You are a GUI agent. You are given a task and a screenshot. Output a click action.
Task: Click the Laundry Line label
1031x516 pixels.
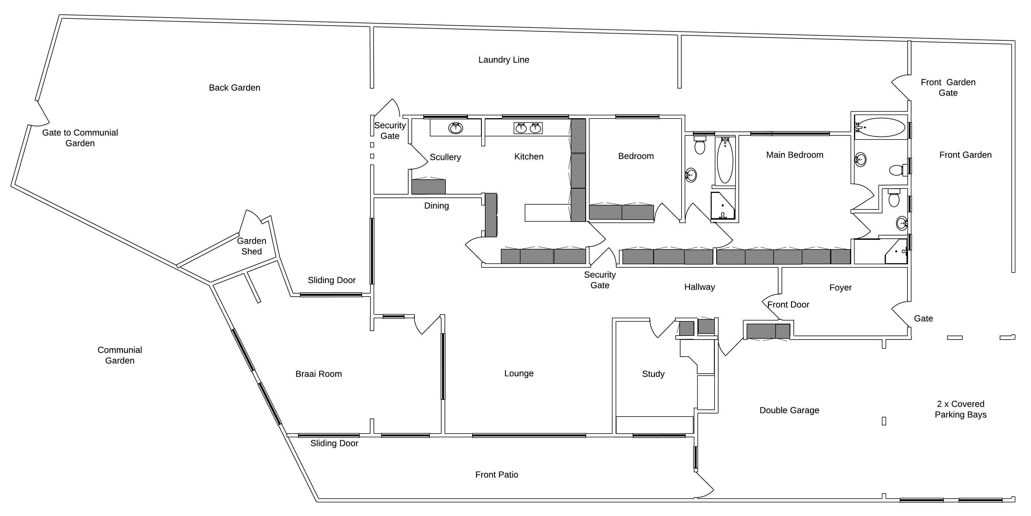503,60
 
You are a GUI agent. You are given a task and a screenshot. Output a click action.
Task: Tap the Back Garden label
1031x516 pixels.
235,88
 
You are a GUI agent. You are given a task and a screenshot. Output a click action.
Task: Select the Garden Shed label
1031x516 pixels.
251,246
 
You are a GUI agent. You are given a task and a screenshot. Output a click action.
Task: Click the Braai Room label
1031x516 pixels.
318,374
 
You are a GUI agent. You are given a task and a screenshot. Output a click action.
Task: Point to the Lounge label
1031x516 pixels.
519,373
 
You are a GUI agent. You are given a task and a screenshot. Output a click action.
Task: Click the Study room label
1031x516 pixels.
653,374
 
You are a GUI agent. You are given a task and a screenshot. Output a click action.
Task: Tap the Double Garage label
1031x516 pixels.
789,410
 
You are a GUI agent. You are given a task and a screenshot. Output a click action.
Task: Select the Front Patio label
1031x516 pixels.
497,475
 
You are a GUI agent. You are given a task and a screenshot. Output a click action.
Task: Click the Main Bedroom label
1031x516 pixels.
794,155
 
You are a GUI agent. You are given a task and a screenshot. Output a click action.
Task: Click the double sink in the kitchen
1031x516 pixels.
528,128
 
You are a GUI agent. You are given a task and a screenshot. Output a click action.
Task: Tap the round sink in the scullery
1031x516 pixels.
455,128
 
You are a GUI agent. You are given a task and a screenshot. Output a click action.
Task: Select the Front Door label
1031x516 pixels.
788,305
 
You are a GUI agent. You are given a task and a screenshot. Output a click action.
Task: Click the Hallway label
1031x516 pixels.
699,287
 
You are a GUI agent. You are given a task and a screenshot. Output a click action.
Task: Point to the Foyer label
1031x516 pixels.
840,288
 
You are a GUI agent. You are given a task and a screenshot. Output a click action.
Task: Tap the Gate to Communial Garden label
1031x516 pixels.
80,138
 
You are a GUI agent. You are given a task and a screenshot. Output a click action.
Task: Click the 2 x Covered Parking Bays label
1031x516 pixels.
961,409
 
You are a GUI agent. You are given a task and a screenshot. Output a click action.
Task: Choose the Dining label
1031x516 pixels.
436,206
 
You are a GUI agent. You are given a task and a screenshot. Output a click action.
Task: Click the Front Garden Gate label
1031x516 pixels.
948,87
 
